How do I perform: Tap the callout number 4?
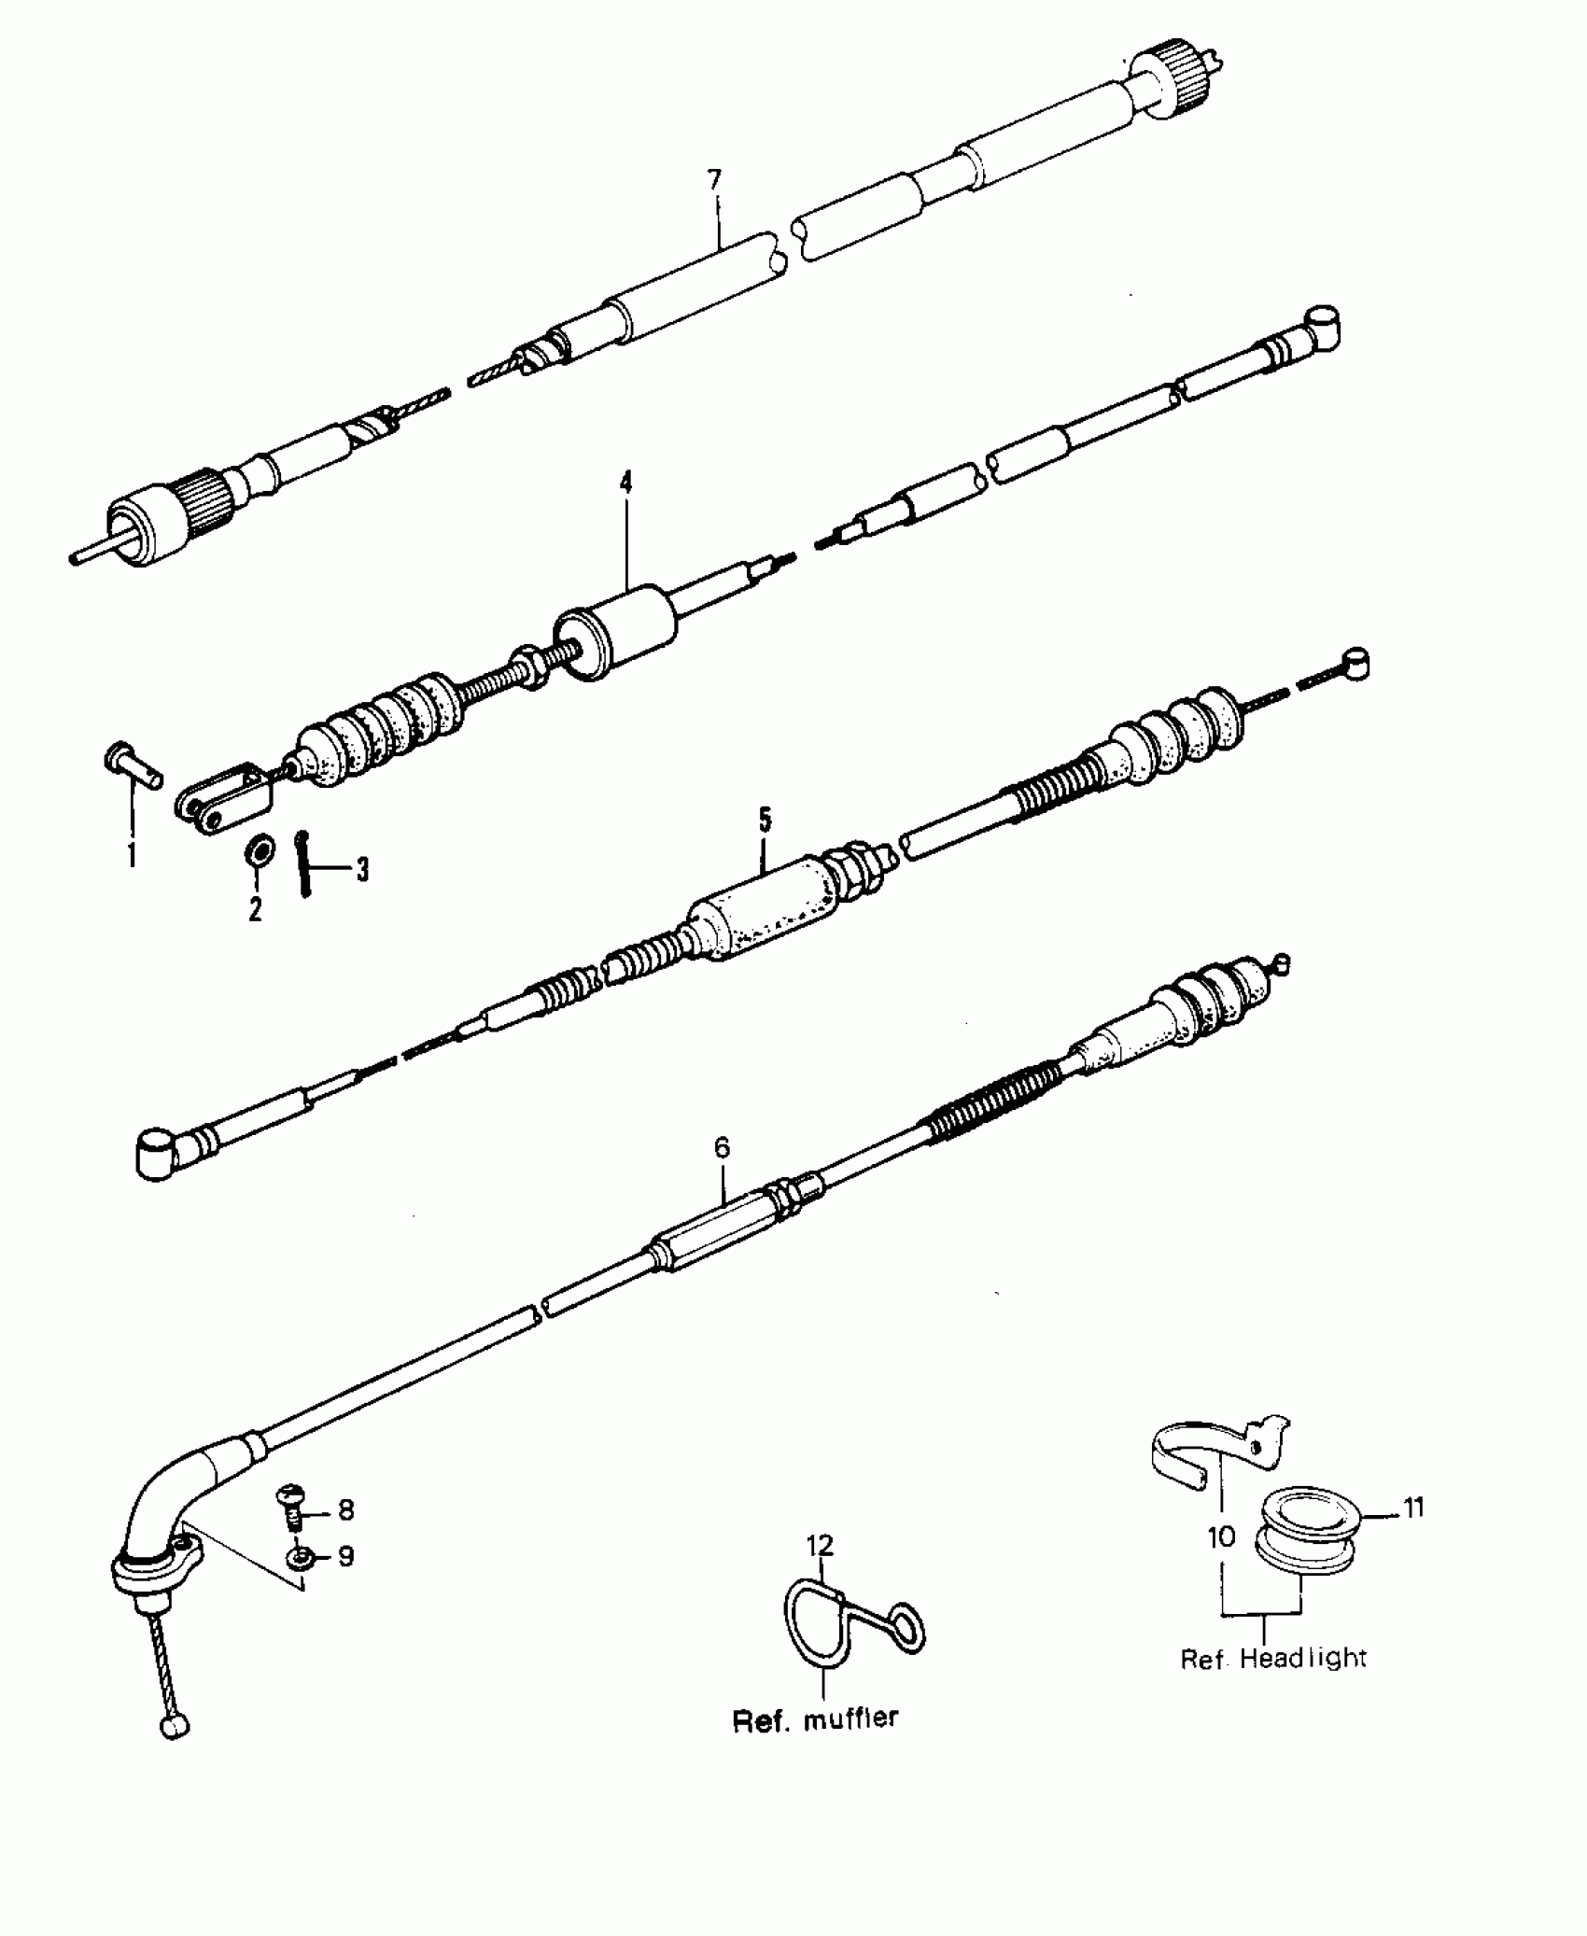pyautogui.click(x=625, y=483)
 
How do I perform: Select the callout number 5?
pyautogui.click(x=765, y=821)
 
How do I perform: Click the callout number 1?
pyautogui.click(x=132, y=853)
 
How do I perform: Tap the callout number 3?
pyautogui.click(x=362, y=871)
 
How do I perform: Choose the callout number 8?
pyautogui.click(x=346, y=1510)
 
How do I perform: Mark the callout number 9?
pyautogui.click(x=346, y=1557)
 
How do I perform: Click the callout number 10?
pyautogui.click(x=1221, y=1536)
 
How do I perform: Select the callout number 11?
pyautogui.click(x=1414, y=1507)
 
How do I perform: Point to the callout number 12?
pyautogui.click(x=820, y=1546)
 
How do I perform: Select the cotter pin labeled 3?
pyautogui.click(x=302, y=863)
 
